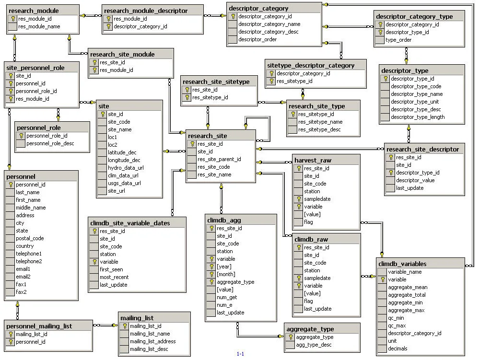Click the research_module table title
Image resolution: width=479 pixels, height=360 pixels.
click(x=34, y=11)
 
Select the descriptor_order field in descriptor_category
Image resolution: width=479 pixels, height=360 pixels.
click(x=257, y=39)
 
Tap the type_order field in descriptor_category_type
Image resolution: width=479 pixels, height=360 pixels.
click(x=398, y=40)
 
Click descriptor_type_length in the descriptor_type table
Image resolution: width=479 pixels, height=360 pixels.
click(x=417, y=117)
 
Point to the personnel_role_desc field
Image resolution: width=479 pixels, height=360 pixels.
click(x=50, y=143)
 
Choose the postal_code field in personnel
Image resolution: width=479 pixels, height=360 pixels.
click(x=30, y=238)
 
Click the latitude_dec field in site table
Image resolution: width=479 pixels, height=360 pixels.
click(x=122, y=152)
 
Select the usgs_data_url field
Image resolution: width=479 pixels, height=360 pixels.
click(x=124, y=183)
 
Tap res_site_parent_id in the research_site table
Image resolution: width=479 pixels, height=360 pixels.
click(x=219, y=159)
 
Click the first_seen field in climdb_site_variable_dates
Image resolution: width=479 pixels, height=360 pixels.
click(x=111, y=269)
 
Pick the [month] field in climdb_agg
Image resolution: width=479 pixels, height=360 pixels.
click(x=226, y=274)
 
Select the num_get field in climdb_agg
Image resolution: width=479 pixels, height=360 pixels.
click(x=227, y=297)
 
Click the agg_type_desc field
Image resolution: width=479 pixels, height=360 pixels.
click(x=314, y=345)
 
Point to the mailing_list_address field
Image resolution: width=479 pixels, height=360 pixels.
click(x=152, y=341)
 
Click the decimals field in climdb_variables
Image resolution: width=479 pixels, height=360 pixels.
click(x=397, y=348)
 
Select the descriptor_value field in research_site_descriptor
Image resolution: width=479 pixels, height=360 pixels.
click(x=415, y=180)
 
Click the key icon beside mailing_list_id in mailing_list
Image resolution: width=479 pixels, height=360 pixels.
click(x=125, y=326)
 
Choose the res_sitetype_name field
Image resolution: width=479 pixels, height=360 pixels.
click(x=320, y=122)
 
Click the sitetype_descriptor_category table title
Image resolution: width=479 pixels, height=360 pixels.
click(x=311, y=65)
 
